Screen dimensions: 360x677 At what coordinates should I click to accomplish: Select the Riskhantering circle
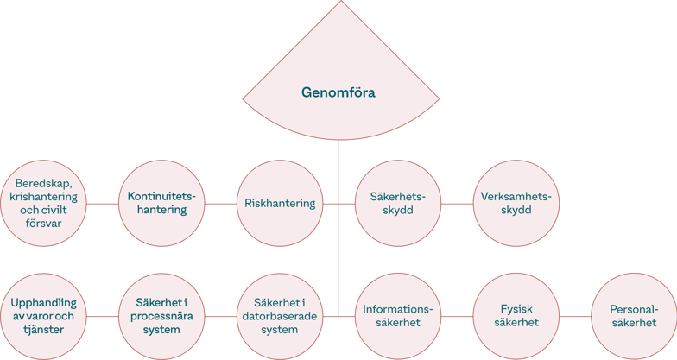(278, 204)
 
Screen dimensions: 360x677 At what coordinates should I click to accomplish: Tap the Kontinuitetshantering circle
(161, 204)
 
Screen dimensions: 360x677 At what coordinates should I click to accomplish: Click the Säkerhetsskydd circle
(398, 204)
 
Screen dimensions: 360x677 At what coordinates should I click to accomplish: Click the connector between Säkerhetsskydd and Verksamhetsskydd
(457, 205)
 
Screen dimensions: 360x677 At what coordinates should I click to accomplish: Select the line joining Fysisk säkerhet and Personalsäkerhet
(574, 316)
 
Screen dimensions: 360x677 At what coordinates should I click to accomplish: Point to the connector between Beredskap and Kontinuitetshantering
(103, 205)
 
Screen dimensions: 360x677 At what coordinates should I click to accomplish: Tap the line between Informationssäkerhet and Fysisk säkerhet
(457, 316)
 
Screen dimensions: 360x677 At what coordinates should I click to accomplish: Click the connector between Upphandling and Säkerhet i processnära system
(103, 316)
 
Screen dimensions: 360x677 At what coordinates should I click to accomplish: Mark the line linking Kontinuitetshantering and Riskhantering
(220, 205)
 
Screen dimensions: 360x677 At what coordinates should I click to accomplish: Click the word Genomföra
(338, 91)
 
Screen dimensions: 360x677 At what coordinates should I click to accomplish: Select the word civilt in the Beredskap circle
(64, 210)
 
